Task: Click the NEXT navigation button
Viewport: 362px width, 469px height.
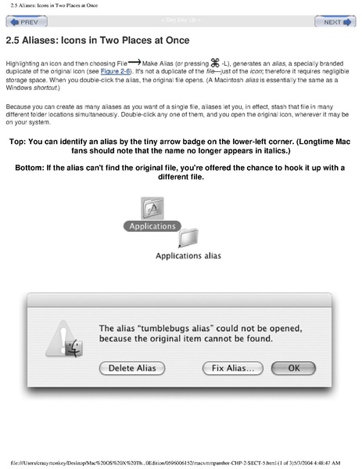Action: click(337, 23)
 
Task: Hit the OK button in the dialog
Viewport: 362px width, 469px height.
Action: click(294, 366)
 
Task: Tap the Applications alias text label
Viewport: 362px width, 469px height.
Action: click(188, 255)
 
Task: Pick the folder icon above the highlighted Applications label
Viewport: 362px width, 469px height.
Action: click(152, 207)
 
